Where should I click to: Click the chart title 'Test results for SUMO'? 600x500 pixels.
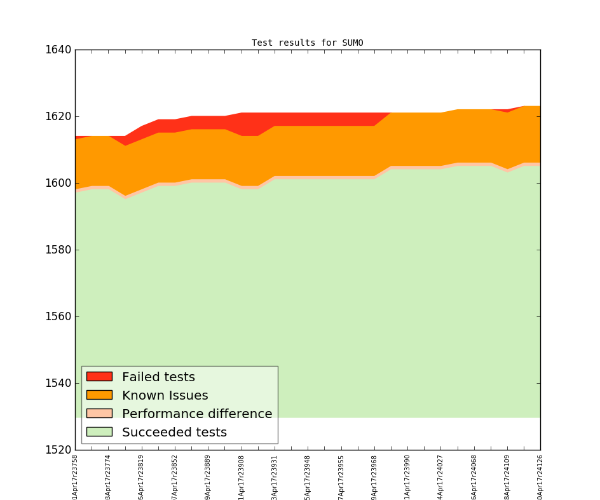point(307,43)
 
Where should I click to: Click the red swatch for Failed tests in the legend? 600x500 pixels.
point(99,377)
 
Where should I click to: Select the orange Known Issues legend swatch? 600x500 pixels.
point(99,395)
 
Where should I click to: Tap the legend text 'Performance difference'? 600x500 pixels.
point(197,414)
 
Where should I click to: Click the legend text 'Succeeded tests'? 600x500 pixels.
point(174,433)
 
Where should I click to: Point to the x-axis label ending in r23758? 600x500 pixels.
point(76,476)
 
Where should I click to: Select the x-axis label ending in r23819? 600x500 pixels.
point(142,476)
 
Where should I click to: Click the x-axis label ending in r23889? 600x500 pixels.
point(208,476)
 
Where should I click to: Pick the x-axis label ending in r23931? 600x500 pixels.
point(275,476)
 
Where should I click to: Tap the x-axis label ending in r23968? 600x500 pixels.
point(374,476)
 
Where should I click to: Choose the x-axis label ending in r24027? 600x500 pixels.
point(440,476)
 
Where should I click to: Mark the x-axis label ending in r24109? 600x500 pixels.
point(507,476)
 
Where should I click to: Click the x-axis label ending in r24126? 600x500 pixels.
point(540,476)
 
